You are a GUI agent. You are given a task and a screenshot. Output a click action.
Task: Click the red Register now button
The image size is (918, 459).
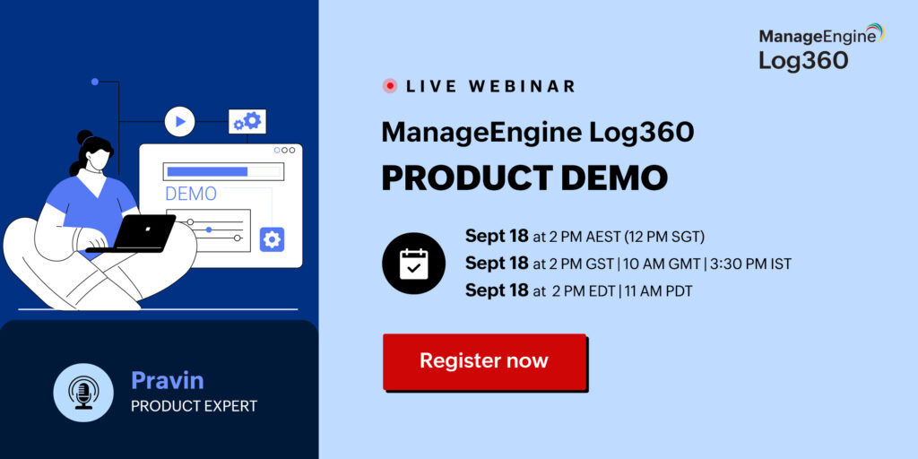click(x=484, y=361)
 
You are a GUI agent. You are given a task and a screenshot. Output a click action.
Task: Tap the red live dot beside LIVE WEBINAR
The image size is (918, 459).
click(x=389, y=86)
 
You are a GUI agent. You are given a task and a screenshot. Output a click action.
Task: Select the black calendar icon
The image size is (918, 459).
click(x=413, y=264)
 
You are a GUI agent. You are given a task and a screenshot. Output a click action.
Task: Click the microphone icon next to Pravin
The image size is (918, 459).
click(x=83, y=393)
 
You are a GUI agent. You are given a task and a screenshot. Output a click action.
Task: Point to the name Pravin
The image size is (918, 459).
click(x=168, y=380)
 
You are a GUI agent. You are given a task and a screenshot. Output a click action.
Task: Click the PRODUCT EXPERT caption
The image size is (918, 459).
click(x=194, y=406)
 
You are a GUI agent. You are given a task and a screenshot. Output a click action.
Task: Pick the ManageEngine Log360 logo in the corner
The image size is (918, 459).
click(x=821, y=47)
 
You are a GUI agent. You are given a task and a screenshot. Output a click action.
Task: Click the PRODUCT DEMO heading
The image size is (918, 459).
click(x=524, y=178)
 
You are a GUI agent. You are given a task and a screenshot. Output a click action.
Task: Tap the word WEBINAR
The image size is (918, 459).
click(x=522, y=86)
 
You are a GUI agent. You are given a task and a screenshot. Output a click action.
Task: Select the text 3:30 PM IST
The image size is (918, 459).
click(x=750, y=264)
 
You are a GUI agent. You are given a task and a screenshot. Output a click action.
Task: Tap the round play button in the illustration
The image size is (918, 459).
click(x=179, y=122)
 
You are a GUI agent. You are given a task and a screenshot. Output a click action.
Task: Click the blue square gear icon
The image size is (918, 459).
click(x=273, y=239)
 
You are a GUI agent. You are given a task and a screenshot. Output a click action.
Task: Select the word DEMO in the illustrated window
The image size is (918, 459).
click(x=191, y=194)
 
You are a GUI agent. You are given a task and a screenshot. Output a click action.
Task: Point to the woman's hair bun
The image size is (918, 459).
click(x=85, y=137)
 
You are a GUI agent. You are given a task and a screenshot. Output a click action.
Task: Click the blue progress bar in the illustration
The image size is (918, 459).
click(x=207, y=171)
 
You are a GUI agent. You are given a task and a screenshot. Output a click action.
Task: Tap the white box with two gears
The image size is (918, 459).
click(x=247, y=121)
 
